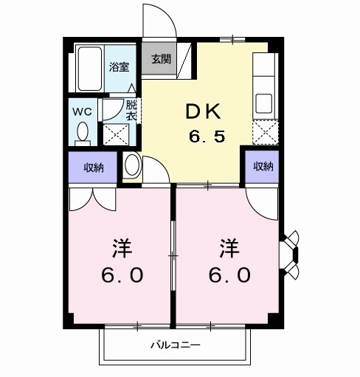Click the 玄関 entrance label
[162, 60]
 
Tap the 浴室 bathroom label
[120, 66]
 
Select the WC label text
[81, 112]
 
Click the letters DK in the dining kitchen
[204, 113]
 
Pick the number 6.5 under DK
[208, 137]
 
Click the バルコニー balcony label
[176, 345]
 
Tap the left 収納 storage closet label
[93, 167]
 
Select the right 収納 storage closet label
[263, 166]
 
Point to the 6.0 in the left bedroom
[122, 275]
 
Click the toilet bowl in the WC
[82, 133]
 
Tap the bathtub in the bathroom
[90, 68]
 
